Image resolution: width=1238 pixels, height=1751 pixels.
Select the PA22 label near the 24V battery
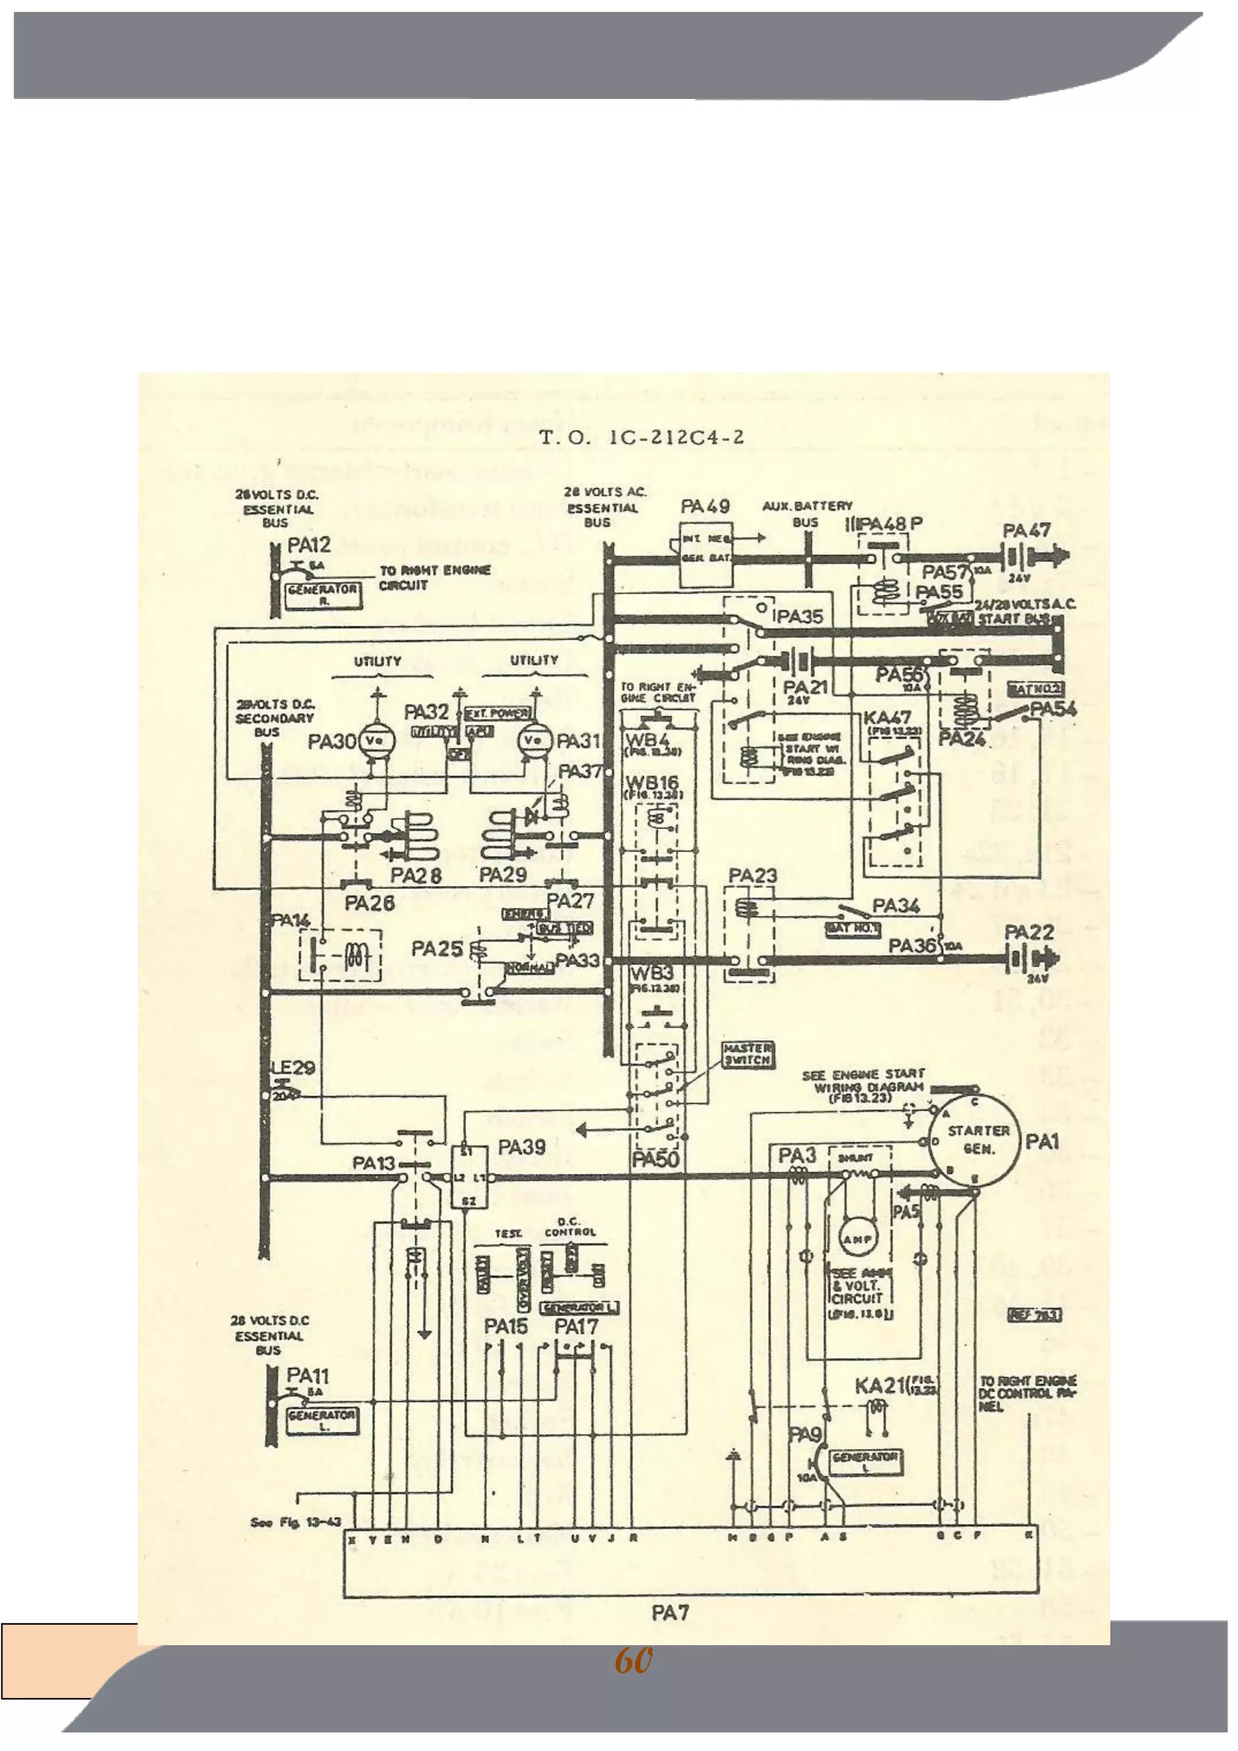click(x=1028, y=932)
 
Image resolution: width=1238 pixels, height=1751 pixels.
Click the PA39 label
click(x=522, y=1147)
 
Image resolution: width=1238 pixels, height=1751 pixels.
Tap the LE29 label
click(x=293, y=1068)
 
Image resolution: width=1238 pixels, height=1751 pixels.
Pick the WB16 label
click(x=652, y=782)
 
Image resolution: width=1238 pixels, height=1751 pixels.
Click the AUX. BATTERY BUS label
click(x=806, y=513)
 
